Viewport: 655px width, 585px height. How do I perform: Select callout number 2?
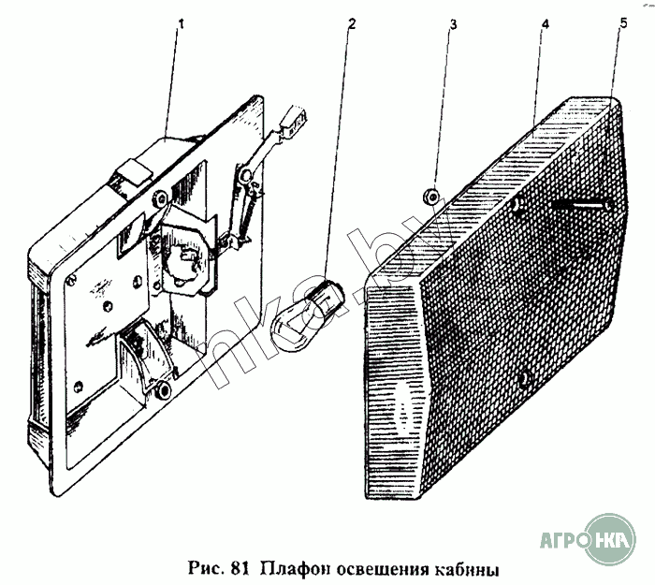tap(351, 24)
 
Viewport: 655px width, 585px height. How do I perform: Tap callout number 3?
tap(453, 24)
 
